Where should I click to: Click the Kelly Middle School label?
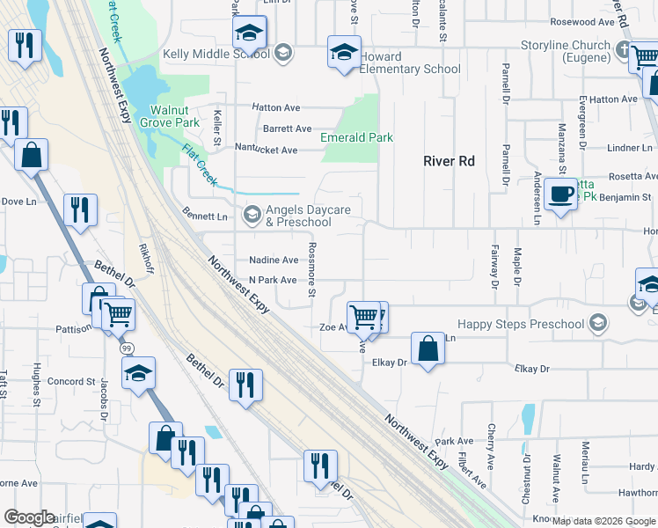(x=216, y=55)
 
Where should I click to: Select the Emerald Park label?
(x=356, y=138)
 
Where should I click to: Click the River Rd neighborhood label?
(x=449, y=161)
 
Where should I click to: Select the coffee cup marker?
(x=559, y=194)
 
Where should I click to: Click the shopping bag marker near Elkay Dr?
(x=427, y=348)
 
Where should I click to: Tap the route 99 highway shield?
(x=127, y=348)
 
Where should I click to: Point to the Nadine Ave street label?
(x=274, y=260)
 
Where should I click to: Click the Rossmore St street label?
(x=311, y=270)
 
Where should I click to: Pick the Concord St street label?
(x=70, y=382)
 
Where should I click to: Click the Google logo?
(x=29, y=517)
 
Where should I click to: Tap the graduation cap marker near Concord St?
(x=138, y=374)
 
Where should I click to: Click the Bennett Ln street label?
(x=204, y=216)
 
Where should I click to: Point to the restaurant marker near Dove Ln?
(x=80, y=210)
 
